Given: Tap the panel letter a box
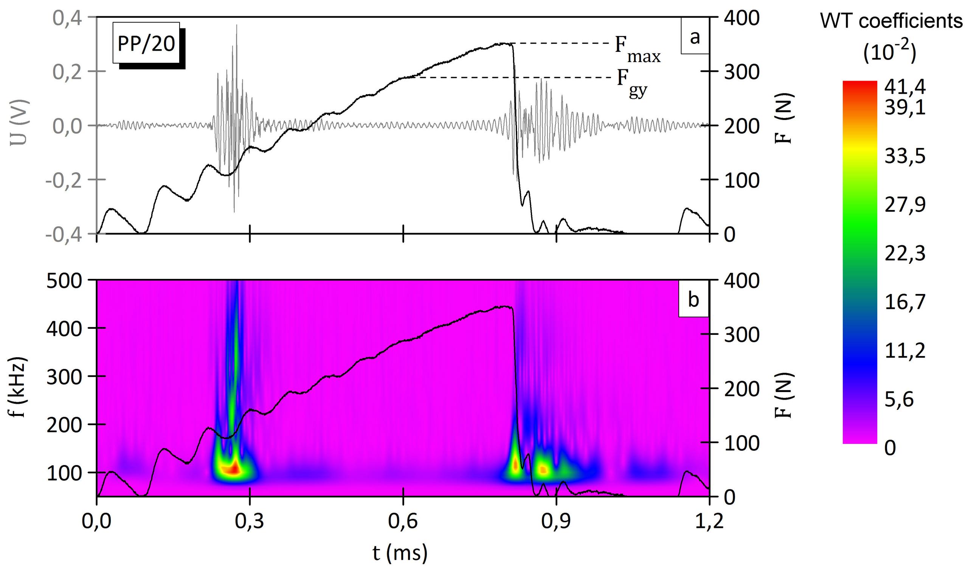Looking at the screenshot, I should point(695,38).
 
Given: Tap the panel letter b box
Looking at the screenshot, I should point(693,300).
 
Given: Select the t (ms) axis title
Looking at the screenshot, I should point(400,553).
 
